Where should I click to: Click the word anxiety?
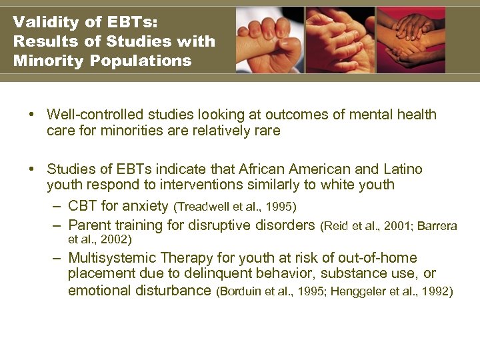point(146,205)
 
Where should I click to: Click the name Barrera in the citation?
point(438,227)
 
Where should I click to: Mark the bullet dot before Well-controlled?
point(32,115)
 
